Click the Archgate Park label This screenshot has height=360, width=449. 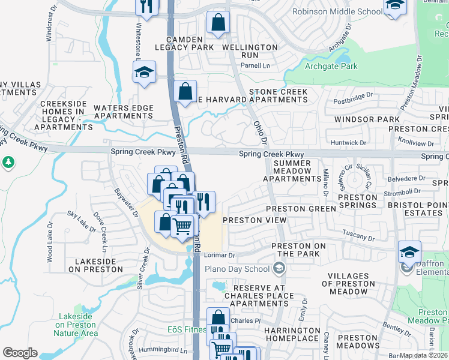[331, 67]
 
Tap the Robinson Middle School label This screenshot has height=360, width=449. [337, 12]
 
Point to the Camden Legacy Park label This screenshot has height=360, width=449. [184, 42]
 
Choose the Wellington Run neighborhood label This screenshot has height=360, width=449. [250, 51]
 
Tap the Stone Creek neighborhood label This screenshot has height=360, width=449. [279, 92]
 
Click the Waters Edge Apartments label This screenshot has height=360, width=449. [124, 112]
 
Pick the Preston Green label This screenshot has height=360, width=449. [301, 209]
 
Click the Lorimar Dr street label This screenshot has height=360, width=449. [218, 255]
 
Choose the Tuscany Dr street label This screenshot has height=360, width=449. [359, 238]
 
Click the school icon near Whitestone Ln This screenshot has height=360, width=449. [145, 73]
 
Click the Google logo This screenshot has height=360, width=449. [20, 353]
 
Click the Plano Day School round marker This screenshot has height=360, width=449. [278, 268]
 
